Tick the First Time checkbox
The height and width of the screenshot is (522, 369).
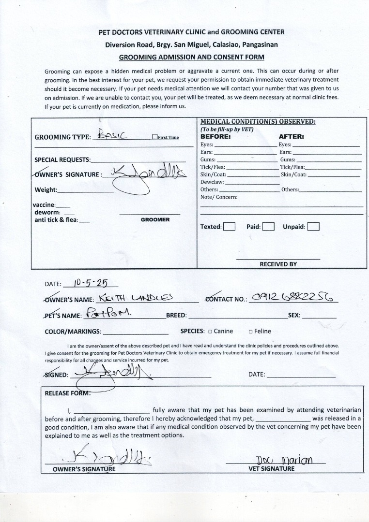coord(154,137)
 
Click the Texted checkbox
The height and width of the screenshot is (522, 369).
coord(230,227)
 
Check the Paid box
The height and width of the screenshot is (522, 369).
coord(269,227)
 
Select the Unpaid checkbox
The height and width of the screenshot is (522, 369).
coord(313,227)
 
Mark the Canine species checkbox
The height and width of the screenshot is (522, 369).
coord(210,332)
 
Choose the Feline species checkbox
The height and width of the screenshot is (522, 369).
coord(250,332)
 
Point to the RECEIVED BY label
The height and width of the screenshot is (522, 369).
coord(278,264)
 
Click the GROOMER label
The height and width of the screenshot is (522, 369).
coord(155,219)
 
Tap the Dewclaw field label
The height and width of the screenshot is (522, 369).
coord(212,182)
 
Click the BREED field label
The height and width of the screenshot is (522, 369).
coord(176,316)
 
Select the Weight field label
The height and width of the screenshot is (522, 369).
coord(46,190)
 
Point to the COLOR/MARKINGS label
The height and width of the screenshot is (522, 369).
coord(73,332)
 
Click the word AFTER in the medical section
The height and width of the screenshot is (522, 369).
coord(291,137)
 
